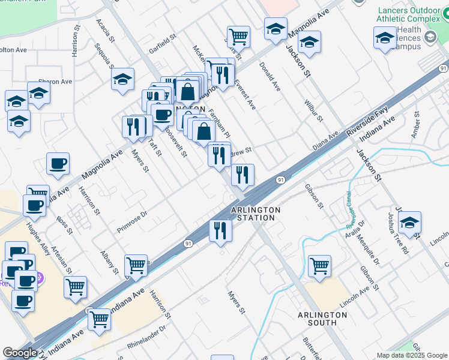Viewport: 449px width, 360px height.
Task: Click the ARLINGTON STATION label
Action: [x=256, y=214]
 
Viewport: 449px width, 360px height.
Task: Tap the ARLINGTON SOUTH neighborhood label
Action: [x=317, y=319]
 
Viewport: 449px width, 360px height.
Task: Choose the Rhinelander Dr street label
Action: [x=146, y=336]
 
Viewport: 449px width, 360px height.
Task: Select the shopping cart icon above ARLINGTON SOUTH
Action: [x=319, y=265]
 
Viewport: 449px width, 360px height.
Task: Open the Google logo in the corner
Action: [x=20, y=353]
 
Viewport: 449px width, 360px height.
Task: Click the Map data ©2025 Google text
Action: [x=411, y=355]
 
